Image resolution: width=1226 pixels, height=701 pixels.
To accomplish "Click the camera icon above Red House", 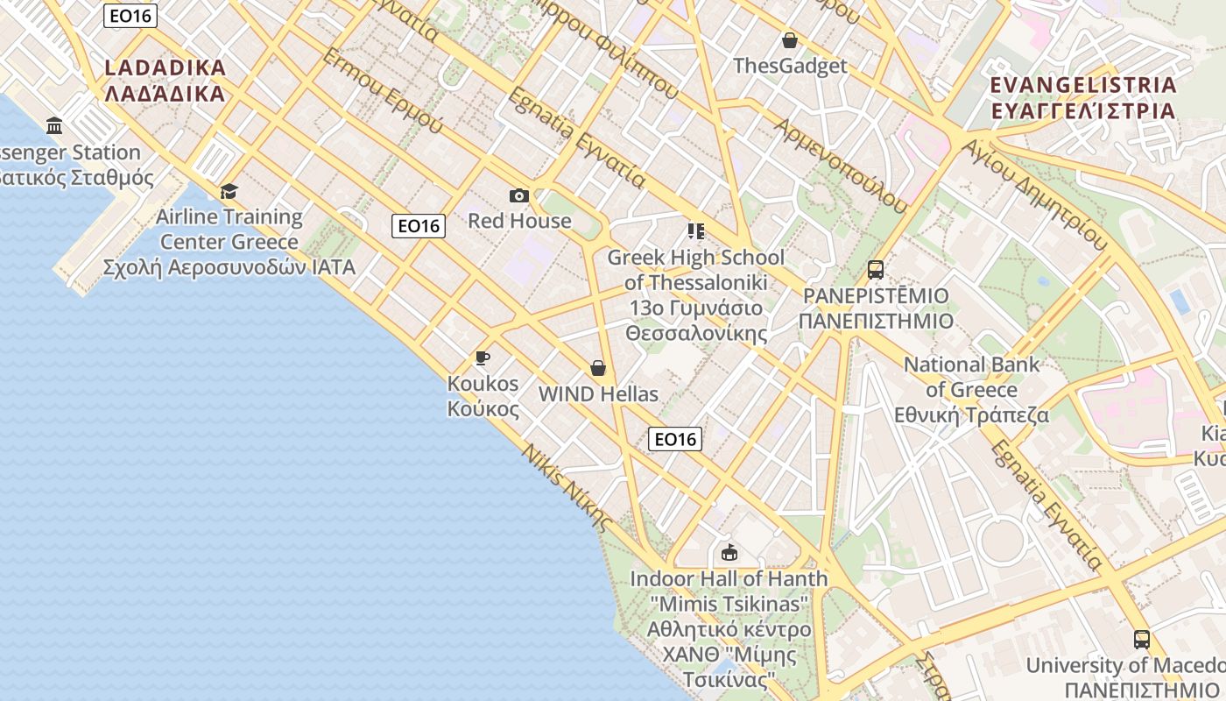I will click(519, 195).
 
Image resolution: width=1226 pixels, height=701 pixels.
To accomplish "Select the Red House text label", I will click(519, 221).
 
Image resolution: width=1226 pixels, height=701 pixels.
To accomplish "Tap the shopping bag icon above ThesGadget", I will click(790, 40).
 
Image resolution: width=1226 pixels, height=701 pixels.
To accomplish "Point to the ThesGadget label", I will click(790, 66).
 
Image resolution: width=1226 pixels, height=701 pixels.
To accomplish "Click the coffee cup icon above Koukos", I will click(482, 358).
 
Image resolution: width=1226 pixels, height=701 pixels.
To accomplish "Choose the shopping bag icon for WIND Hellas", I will click(598, 368).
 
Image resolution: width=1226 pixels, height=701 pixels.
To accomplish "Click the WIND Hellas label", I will click(598, 394).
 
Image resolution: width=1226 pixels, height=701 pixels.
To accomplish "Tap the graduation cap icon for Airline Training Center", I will click(229, 191).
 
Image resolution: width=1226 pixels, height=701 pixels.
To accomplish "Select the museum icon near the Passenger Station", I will click(55, 126).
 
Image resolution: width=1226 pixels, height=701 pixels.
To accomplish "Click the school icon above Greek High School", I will click(696, 231).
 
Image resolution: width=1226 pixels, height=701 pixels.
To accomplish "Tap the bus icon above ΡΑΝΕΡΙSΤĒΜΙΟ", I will click(875, 270).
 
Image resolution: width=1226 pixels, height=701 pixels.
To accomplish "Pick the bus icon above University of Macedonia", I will click(1141, 640).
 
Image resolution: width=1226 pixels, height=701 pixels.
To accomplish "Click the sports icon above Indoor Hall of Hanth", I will click(729, 552).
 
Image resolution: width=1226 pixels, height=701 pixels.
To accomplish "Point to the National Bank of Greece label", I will click(971, 389).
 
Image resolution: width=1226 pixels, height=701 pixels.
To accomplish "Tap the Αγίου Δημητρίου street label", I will click(1033, 194).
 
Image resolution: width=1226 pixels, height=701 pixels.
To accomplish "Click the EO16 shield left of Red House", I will click(419, 226).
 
